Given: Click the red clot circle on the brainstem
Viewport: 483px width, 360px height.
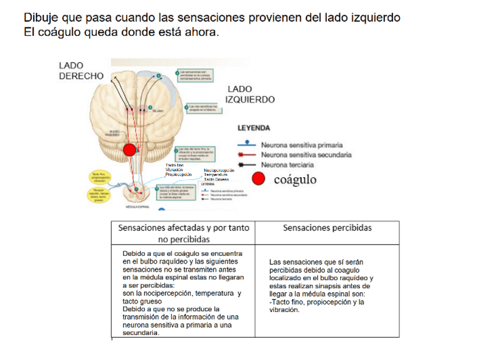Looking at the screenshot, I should [x=130, y=150].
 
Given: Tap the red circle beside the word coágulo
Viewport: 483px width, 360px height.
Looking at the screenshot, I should [x=259, y=179].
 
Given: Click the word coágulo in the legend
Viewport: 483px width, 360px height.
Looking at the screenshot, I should [x=296, y=179].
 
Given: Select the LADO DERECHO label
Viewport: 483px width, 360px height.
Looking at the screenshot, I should [x=81, y=71].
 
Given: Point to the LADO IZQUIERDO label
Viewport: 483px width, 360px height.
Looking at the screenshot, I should [x=251, y=94].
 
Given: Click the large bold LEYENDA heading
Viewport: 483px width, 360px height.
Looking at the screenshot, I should [x=253, y=128].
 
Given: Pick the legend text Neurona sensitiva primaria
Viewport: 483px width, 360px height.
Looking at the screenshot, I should [x=301, y=145].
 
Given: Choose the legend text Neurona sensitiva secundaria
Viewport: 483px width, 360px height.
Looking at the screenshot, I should [x=306, y=154].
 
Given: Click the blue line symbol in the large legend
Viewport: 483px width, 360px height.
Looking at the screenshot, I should [x=247, y=145].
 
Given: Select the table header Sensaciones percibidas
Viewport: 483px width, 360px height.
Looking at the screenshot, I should [x=327, y=228].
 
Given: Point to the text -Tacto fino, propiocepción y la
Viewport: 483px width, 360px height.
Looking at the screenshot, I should [x=317, y=302].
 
